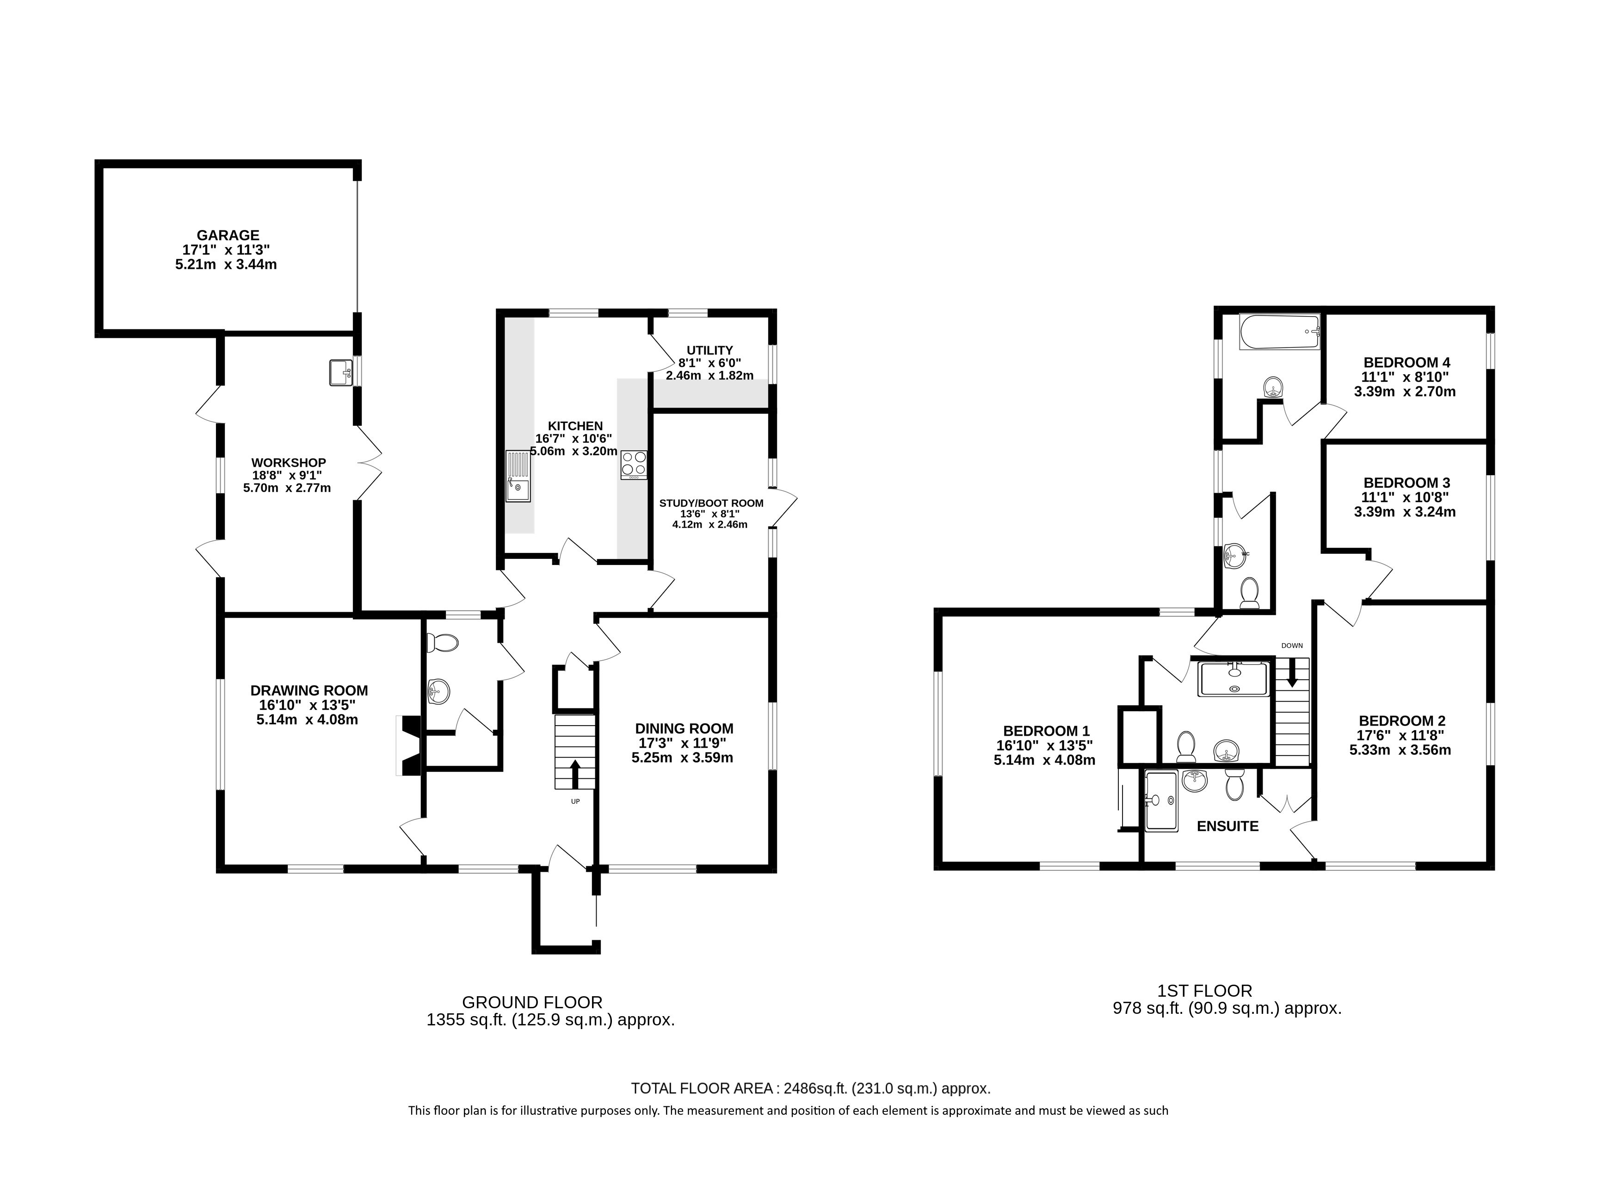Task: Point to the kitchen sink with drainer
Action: coord(518,476)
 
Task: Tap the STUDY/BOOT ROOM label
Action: coord(711,503)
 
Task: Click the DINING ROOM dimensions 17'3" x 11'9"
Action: coord(684,743)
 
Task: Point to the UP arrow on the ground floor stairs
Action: coord(575,773)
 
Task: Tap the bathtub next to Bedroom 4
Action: coord(1279,332)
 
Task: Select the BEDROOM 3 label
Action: coord(1406,483)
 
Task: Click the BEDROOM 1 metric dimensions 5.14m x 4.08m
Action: coord(1044,761)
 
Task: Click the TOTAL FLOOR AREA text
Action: coord(810,1088)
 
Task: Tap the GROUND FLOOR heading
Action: coord(532,1002)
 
